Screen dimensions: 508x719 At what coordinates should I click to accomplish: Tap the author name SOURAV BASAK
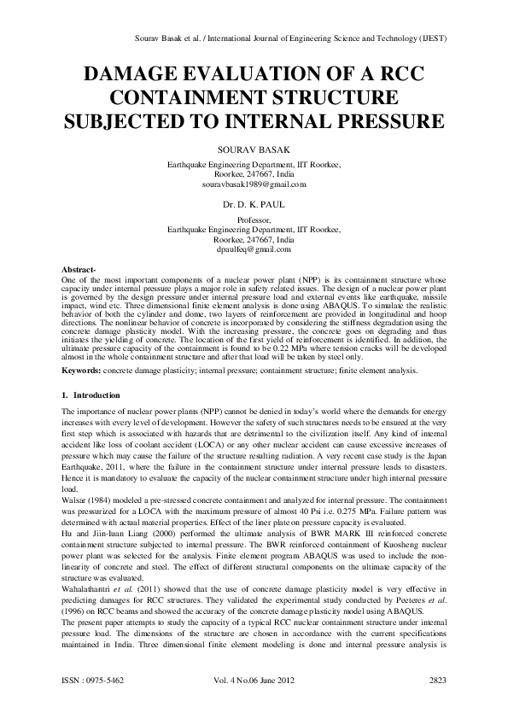(x=254, y=149)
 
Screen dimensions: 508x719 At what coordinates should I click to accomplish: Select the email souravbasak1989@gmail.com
(x=254, y=184)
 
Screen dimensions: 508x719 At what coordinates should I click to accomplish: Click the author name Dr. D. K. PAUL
(x=254, y=206)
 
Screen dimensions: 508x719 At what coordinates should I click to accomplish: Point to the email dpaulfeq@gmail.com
(x=254, y=249)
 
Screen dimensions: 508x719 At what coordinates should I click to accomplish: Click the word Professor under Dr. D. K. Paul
(x=254, y=219)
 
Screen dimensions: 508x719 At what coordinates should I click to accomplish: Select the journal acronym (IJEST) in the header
(x=433, y=39)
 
